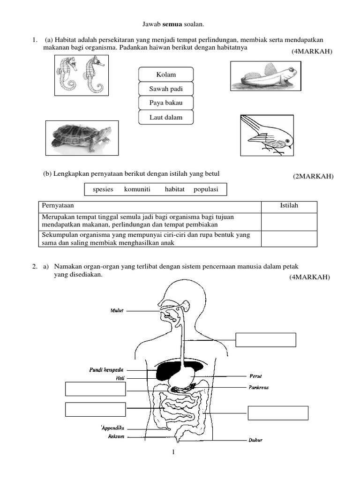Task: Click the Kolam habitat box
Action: point(166,75)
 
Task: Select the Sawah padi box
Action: point(166,89)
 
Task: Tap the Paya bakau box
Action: point(166,103)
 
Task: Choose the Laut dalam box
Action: point(166,117)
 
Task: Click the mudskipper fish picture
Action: point(264,76)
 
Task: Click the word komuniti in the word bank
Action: point(137,189)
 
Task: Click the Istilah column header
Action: point(289,206)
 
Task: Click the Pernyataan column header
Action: point(58,206)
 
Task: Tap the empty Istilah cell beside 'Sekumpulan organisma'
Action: point(289,239)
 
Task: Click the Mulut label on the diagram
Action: point(117,310)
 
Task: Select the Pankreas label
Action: point(259,388)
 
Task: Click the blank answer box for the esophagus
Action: point(265,340)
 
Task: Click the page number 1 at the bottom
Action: point(173,452)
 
